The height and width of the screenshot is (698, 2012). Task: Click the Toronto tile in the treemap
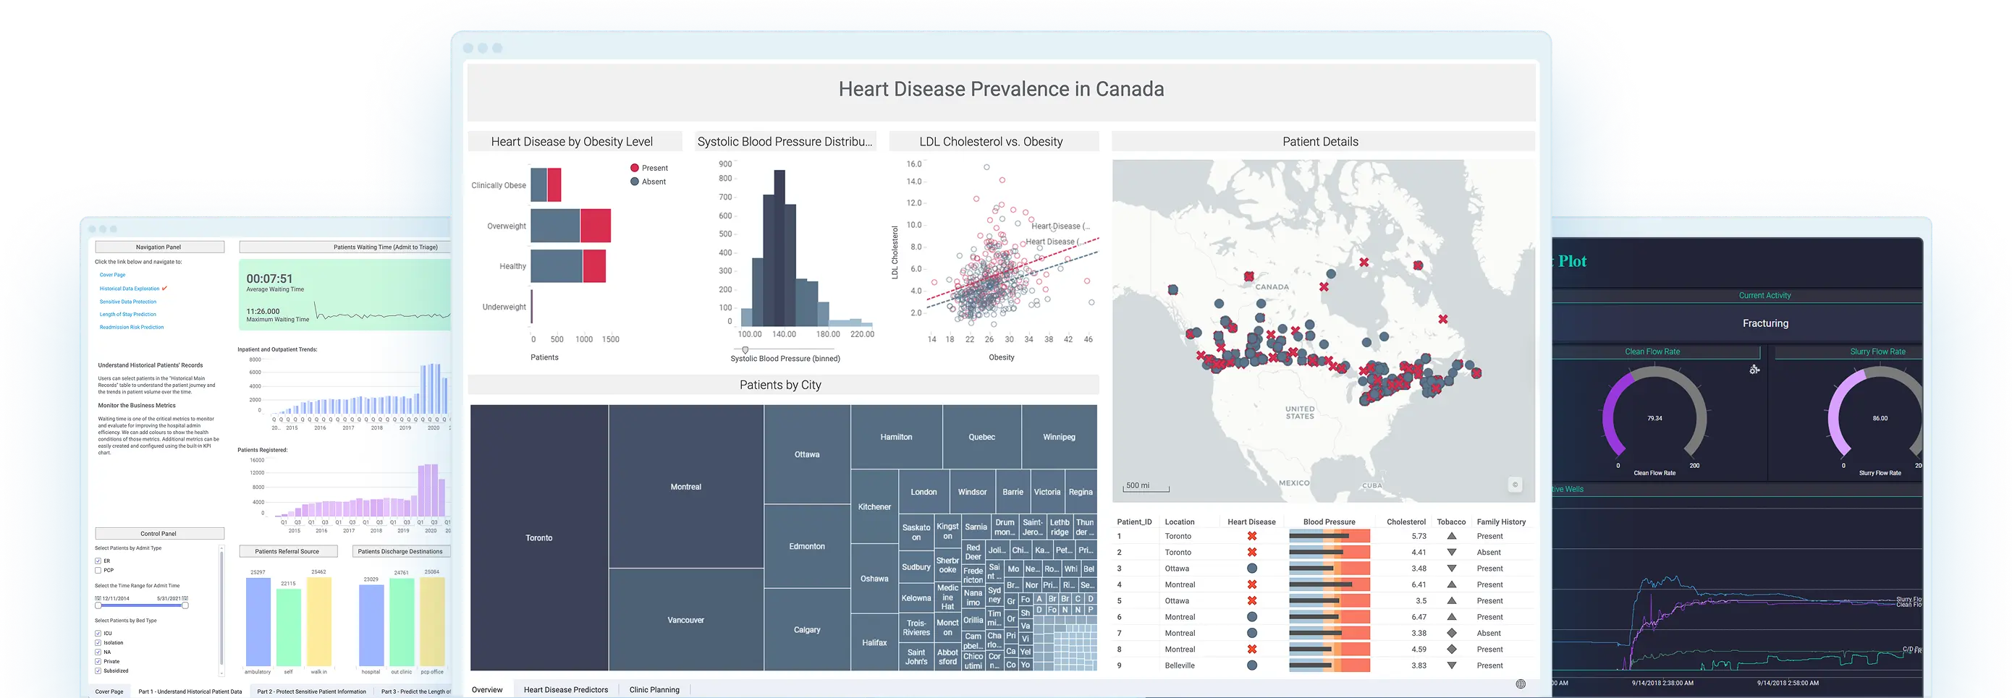pos(539,537)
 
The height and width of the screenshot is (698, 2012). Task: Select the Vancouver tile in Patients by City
pos(686,619)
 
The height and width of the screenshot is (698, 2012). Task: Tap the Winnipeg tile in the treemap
pos(1058,436)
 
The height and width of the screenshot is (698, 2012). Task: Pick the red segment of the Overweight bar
pos(595,226)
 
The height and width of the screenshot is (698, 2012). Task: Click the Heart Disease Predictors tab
pos(565,689)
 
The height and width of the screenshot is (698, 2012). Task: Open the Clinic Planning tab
pos(654,689)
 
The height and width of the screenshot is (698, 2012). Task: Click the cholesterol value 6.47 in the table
pos(1419,617)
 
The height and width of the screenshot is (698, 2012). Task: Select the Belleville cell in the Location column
pos(1180,665)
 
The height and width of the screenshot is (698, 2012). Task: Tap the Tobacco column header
pos(1450,522)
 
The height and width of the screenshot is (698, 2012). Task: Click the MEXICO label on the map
pos(1293,482)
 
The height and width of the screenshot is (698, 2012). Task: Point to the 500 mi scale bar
pos(1146,488)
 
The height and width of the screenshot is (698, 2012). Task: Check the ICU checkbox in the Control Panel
pos(98,633)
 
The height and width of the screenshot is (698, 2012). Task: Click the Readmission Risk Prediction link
pos(131,327)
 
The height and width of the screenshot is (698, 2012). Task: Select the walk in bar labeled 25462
pos(318,621)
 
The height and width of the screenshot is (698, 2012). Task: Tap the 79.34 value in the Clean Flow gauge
pos(1654,419)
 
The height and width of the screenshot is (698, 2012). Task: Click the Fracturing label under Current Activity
pos(1764,323)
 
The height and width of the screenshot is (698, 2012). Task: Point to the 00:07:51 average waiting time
pos(269,278)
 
